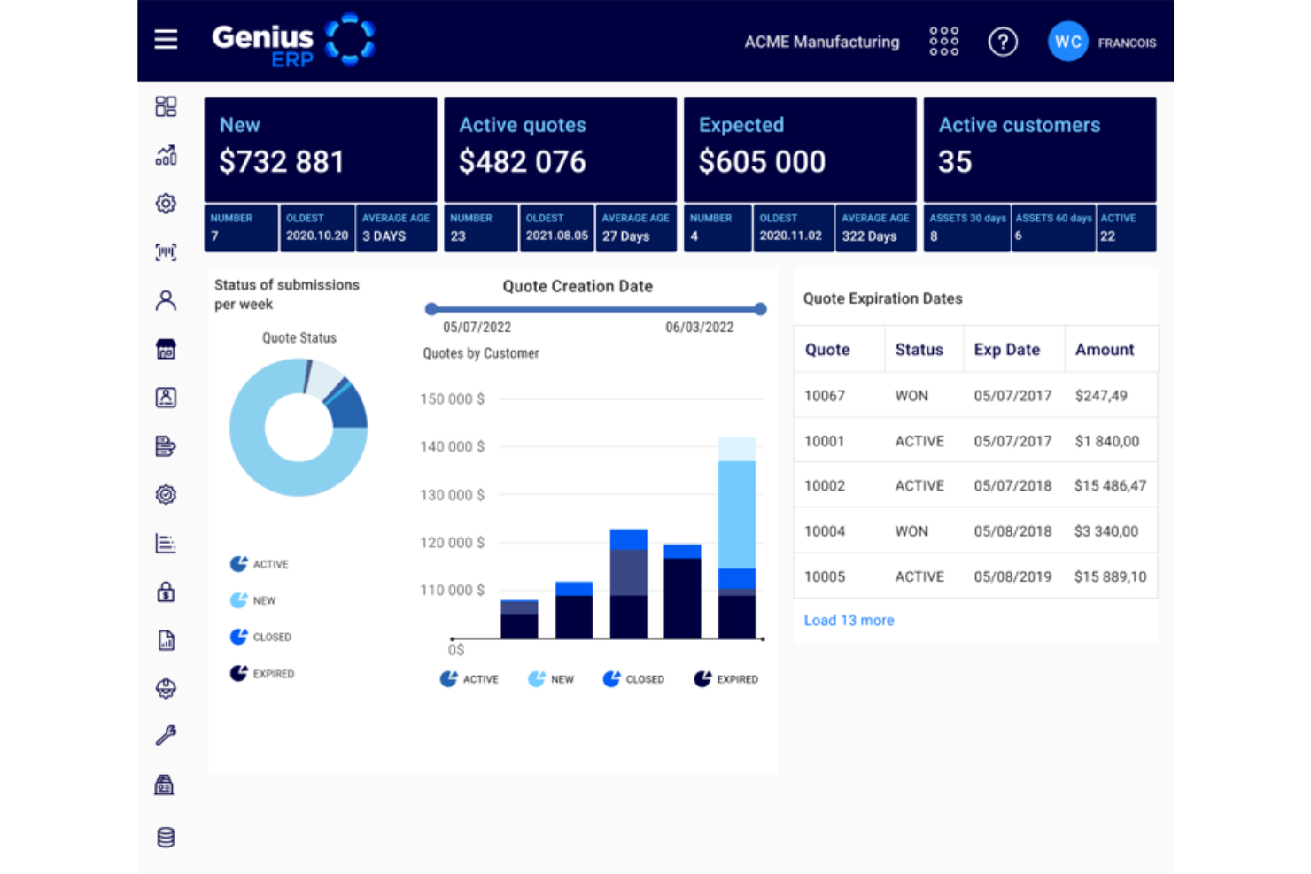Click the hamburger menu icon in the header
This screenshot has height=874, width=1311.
coord(166,40)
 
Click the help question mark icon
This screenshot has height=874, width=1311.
coord(1003,42)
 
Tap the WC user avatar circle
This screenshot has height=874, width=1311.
coord(1067,42)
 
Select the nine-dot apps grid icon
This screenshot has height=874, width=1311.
coord(943,42)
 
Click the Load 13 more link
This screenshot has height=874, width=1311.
coord(849,621)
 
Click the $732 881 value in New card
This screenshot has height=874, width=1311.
coord(282,162)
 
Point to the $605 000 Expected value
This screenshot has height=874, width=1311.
coord(762,162)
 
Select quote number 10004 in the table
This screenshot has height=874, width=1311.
coord(825,531)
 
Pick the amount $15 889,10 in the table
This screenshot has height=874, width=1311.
coord(1110,576)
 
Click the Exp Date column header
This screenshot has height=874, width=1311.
coord(1006,350)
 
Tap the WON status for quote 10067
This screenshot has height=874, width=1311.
coord(911,396)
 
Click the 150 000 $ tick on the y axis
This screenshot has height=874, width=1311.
coord(452,399)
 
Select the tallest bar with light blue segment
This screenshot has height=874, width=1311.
coord(737,514)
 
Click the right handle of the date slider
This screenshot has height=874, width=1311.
coord(761,309)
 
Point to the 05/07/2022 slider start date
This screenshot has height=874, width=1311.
coord(477,328)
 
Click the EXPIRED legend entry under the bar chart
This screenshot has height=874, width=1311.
coord(726,679)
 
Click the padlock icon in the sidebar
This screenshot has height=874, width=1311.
coord(166,592)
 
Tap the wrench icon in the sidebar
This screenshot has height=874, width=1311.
coord(166,735)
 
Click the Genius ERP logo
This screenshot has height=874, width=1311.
coord(293,41)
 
